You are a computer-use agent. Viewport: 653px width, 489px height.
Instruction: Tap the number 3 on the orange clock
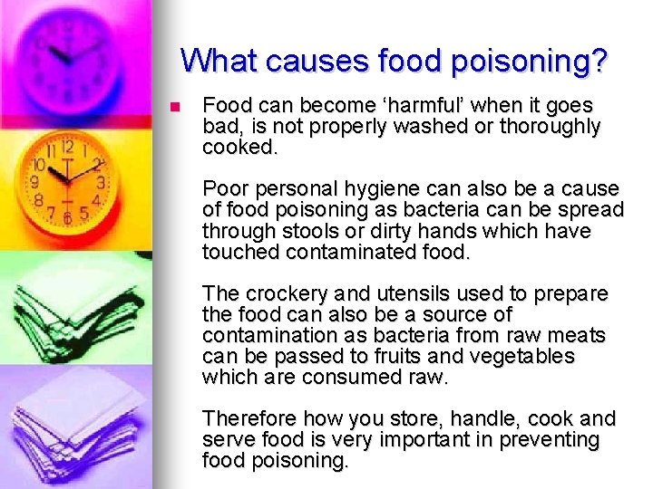coord(101,182)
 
